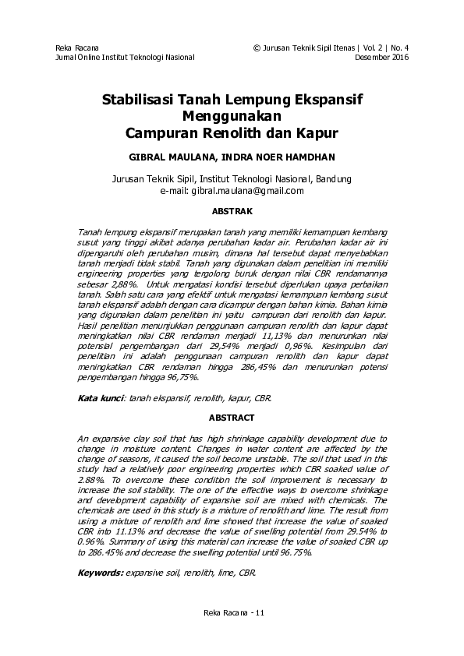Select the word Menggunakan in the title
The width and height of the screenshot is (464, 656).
[232, 116]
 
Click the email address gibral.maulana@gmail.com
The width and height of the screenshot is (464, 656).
[247, 190]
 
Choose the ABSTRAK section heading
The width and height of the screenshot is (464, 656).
[232, 210]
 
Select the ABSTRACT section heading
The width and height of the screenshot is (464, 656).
[232, 418]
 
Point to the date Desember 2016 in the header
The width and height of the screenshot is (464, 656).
[381, 58]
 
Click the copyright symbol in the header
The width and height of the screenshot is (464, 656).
[257, 48]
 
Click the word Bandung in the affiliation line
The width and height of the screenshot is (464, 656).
[334, 177]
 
